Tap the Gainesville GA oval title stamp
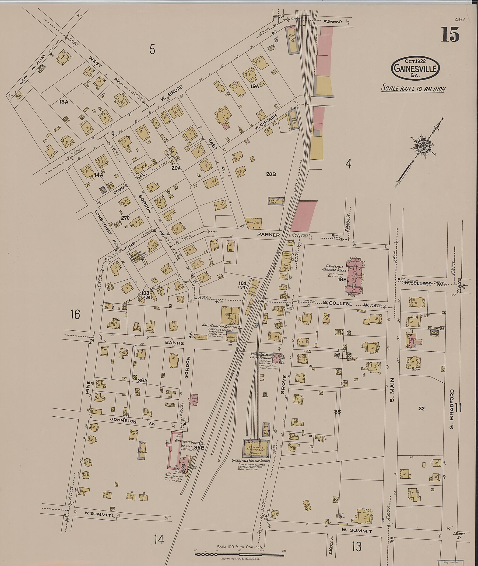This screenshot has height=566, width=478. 415,69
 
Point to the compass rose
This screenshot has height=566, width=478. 422,146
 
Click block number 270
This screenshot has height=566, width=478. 125,218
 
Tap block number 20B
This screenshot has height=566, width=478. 271,174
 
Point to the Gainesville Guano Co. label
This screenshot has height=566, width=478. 190,444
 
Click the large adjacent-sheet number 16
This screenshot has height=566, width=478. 75,314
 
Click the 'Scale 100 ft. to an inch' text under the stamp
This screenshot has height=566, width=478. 413,89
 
